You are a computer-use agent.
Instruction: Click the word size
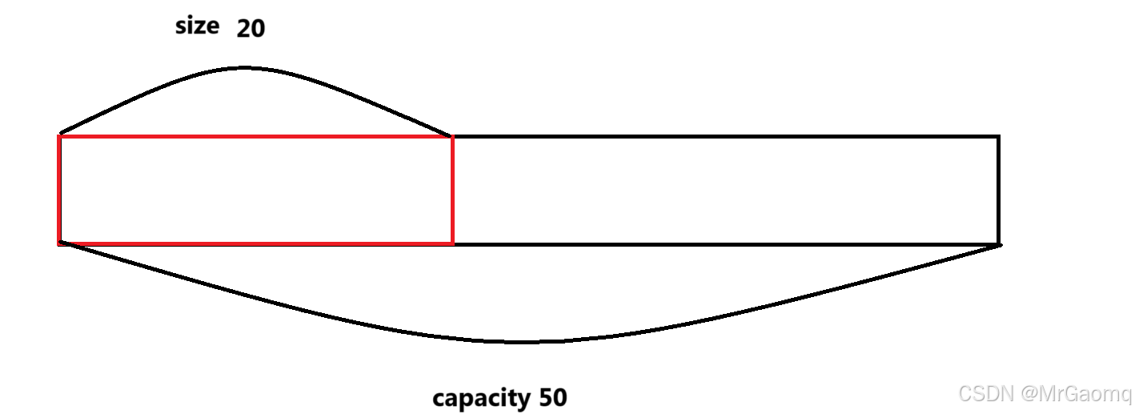tap(197, 26)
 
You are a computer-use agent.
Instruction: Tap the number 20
tap(251, 29)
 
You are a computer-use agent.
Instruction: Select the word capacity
tap(481, 397)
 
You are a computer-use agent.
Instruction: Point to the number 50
tap(553, 397)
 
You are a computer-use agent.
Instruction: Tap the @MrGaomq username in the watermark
tap(1074, 393)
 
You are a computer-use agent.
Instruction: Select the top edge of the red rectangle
tap(256, 137)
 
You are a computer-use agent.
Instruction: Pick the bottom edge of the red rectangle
tap(256, 243)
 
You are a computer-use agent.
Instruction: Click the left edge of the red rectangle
tap(60, 190)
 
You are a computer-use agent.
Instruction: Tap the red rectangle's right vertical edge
tap(452, 190)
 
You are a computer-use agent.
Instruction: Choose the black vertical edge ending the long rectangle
tap(998, 190)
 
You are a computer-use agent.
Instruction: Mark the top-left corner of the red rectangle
tap(60, 137)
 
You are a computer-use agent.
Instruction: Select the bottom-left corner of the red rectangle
tap(60, 243)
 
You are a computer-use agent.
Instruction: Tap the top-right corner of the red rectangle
tap(452, 137)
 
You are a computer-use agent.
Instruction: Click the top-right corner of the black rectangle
tap(998, 137)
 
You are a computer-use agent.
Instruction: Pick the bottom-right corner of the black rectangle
tap(998, 243)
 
